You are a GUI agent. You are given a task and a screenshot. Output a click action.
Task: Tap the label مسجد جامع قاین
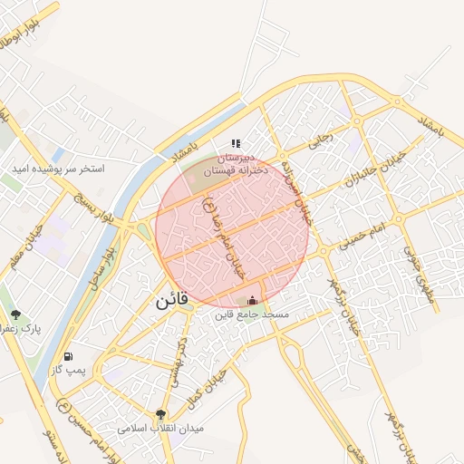click(251, 315)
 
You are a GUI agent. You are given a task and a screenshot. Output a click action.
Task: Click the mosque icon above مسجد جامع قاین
click(252, 300)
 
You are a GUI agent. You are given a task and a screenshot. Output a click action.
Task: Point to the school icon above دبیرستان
click(236, 143)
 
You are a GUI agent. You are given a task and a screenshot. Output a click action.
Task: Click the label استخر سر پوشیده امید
click(58, 169)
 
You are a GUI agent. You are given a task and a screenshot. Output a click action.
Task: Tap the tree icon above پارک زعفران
click(16, 314)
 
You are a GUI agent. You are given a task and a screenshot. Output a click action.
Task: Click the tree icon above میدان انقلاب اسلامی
click(162, 413)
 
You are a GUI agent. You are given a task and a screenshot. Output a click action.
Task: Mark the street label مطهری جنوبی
click(425, 264)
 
